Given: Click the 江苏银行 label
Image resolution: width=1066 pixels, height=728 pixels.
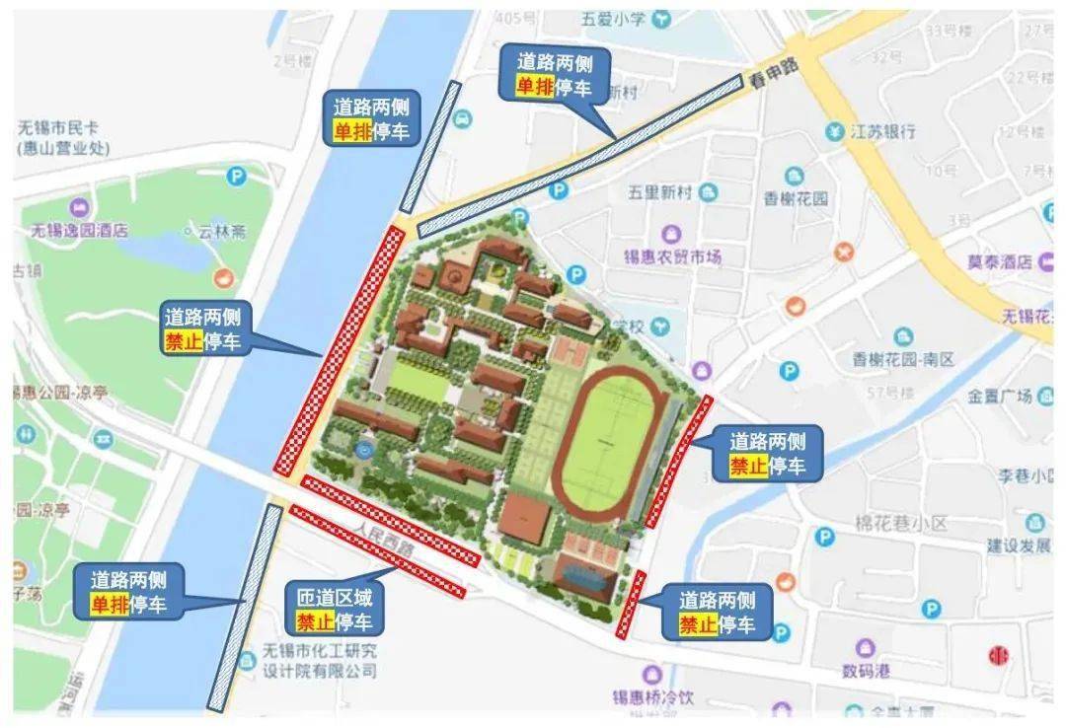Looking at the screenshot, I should [x=882, y=131].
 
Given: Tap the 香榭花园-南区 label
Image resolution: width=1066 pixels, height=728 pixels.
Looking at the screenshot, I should [x=904, y=360].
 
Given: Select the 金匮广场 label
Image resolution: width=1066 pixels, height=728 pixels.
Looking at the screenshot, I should [x=999, y=397].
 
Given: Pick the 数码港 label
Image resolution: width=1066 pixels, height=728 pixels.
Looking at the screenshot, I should [x=866, y=671].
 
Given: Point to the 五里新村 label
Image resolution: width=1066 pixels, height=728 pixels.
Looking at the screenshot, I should [x=661, y=193].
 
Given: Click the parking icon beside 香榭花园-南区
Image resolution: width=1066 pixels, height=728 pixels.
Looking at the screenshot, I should [x=788, y=371].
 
